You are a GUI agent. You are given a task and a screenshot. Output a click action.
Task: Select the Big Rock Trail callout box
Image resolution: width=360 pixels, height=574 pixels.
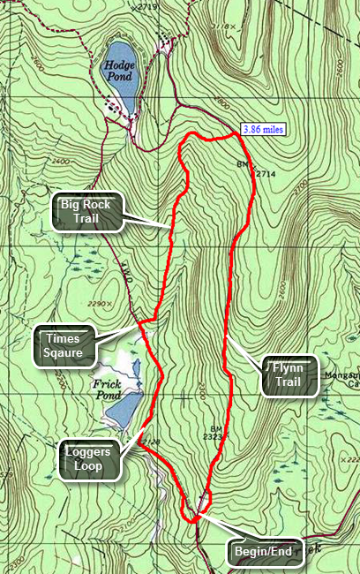click(x=87, y=211)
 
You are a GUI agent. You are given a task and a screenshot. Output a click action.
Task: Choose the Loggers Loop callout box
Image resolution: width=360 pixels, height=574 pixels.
click(x=88, y=461)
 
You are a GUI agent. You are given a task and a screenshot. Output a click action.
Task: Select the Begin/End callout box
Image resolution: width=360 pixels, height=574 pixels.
click(x=262, y=554)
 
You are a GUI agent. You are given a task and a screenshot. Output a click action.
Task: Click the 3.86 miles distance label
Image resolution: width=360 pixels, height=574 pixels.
click(x=264, y=129)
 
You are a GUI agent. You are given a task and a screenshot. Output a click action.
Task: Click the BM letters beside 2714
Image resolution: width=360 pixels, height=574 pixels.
click(x=243, y=165)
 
